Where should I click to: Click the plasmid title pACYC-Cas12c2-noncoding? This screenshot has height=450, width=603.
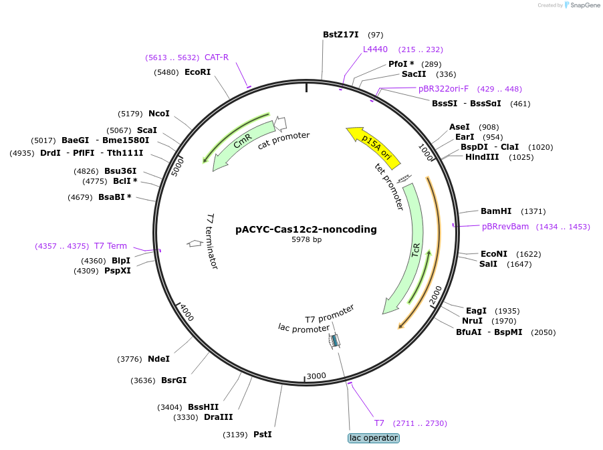pyautogui.click(x=306, y=229)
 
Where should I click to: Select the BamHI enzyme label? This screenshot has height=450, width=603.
pyautogui.click(x=495, y=211)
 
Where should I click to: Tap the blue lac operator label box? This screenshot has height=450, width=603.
pyautogui.click(x=373, y=438)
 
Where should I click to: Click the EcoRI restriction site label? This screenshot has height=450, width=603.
pyautogui.click(x=197, y=72)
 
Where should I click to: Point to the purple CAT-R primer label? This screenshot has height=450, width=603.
pyautogui.click(x=217, y=58)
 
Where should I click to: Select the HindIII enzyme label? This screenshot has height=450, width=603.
pyautogui.click(x=482, y=157)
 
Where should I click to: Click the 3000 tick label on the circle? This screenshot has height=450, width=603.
pyautogui.click(x=316, y=376)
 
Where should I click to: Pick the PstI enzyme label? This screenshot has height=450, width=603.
pyautogui.click(x=262, y=435)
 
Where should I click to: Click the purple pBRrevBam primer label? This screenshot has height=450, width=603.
pyautogui.click(x=505, y=227)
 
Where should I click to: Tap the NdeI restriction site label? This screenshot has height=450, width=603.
pyautogui.click(x=158, y=359)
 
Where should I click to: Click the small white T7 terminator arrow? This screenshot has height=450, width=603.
pyautogui.click(x=195, y=243)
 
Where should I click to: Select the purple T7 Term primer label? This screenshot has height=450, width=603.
pyautogui.click(x=110, y=246)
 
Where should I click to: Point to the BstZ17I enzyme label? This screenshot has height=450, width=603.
pyautogui.click(x=340, y=35)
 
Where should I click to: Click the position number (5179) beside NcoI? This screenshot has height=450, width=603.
pyautogui.click(x=130, y=114)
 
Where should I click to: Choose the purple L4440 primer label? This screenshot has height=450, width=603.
pyautogui.click(x=375, y=49)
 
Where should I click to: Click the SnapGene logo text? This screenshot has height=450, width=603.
pyautogui.click(x=583, y=5)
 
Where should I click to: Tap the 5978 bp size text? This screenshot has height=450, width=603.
pyautogui.click(x=306, y=239)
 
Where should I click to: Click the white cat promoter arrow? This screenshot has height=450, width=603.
pyautogui.click(x=281, y=123)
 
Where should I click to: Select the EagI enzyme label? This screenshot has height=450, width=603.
pyautogui.click(x=476, y=311)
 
